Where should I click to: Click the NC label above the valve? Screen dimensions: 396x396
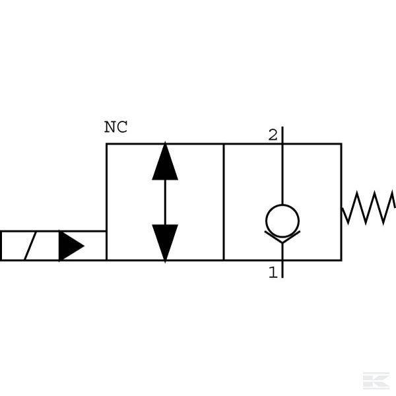[115, 128]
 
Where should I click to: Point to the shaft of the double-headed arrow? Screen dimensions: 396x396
[165, 202]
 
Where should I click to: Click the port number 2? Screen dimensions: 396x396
[273, 135]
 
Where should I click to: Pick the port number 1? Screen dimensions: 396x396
[273, 272]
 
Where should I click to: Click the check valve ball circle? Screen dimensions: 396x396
[282, 220]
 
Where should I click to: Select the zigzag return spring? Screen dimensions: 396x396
[369, 207]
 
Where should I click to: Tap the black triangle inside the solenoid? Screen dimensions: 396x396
[70, 246]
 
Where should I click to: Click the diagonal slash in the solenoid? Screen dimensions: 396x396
[30, 246]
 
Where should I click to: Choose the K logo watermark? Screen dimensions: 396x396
[376, 381]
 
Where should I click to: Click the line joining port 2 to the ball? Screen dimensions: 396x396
[282, 172]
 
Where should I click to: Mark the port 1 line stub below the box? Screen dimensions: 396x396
[282, 269]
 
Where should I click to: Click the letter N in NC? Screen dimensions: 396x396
[110, 128]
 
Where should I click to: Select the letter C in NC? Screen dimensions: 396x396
[121, 128]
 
